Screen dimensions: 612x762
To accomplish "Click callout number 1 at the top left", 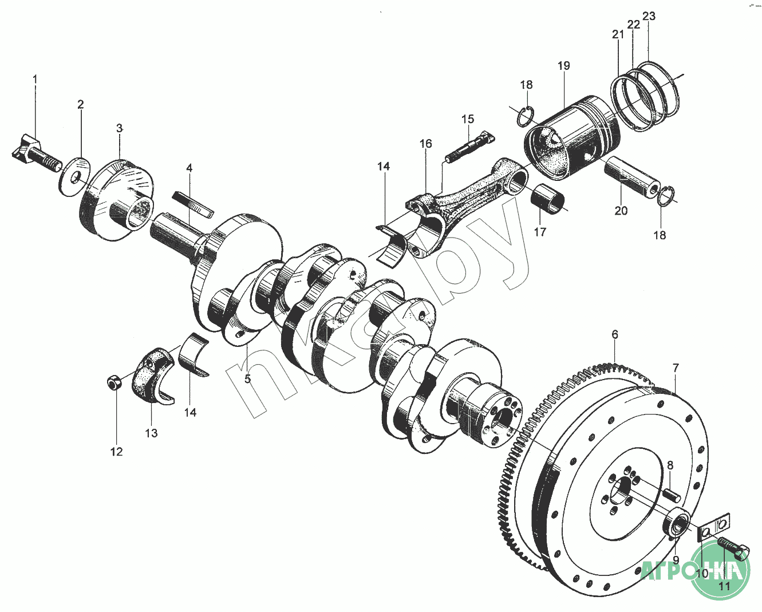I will pyautogui.click(x=35, y=78).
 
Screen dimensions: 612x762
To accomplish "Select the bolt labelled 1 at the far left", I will pyautogui.click(x=34, y=153).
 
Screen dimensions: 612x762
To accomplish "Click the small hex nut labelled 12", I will pyautogui.click(x=114, y=382).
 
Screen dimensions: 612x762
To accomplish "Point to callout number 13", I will pyautogui.click(x=151, y=433).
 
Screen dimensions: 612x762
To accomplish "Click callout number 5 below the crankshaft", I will pyautogui.click(x=248, y=378).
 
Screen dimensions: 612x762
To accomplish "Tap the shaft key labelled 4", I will pyautogui.click(x=193, y=203).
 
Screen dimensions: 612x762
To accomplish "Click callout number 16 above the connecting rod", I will pyautogui.click(x=425, y=144).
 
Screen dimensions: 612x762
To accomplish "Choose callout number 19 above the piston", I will pyautogui.click(x=564, y=66).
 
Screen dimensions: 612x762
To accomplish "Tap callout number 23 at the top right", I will pyautogui.click(x=649, y=16).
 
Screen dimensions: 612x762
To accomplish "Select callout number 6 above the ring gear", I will pyautogui.click(x=615, y=334).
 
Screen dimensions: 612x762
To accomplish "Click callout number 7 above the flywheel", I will pyautogui.click(x=676, y=368).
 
